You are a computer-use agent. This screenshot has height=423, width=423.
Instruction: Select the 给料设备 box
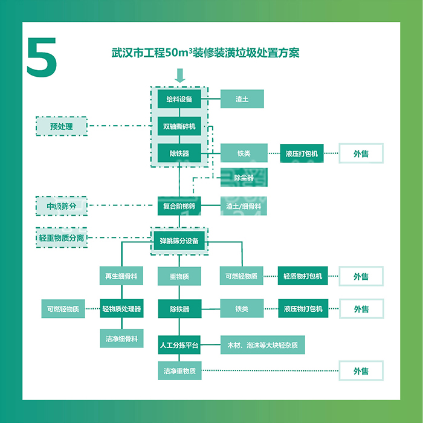pyautogui.click(x=179, y=99)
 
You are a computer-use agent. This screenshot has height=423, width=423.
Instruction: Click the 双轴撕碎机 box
pyautogui.click(x=179, y=127)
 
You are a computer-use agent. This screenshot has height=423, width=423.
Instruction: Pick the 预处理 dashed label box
pyautogui.click(x=61, y=126)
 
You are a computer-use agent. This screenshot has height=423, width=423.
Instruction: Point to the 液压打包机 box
pyautogui.click(x=301, y=153)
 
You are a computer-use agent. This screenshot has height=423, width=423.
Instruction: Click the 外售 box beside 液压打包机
pyautogui.click(x=361, y=153)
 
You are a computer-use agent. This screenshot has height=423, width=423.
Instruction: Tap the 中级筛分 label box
pyautogui.click(x=61, y=206)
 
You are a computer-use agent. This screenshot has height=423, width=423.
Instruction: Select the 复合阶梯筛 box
pyautogui.click(x=179, y=206)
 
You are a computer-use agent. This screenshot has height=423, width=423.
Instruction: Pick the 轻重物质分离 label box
pyautogui.click(x=61, y=237)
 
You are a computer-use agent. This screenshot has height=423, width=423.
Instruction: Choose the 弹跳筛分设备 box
pyautogui.click(x=179, y=241)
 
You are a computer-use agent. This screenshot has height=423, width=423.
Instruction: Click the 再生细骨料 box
pyautogui.click(x=121, y=276)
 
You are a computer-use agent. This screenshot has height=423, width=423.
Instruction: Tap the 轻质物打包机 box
pyautogui.click(x=302, y=276)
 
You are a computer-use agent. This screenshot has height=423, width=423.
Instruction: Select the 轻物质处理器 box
pyautogui.click(x=121, y=309)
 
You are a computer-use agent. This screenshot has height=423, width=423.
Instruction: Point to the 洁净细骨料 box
pyautogui.click(x=121, y=339)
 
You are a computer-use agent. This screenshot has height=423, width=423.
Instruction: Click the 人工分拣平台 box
pyautogui.click(x=179, y=346)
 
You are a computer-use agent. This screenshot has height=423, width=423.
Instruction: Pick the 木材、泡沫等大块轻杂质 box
pyautogui.click(x=262, y=346)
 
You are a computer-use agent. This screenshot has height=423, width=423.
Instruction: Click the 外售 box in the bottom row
pyautogui.click(x=361, y=370)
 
